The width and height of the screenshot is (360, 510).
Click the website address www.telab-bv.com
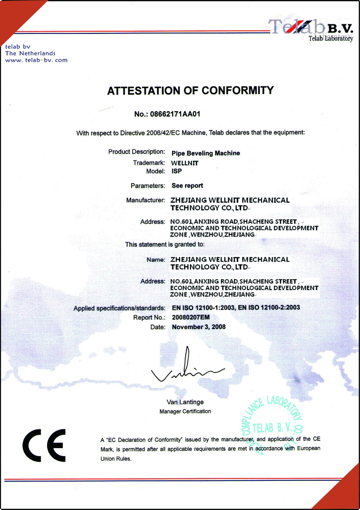click(x=36, y=60)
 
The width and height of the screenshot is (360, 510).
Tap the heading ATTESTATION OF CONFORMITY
click(x=190, y=90)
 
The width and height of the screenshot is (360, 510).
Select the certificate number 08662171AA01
click(x=175, y=114)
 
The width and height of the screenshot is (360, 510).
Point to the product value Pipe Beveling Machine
click(x=206, y=153)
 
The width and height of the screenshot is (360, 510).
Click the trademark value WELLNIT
click(x=185, y=163)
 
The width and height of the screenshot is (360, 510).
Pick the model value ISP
click(x=176, y=171)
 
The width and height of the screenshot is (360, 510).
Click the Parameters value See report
click(x=187, y=186)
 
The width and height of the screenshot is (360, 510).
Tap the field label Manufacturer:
click(x=145, y=200)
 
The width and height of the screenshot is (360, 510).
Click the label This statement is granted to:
click(x=165, y=244)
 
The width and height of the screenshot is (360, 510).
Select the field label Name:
click(x=156, y=259)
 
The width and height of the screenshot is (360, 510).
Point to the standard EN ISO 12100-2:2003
click(x=269, y=307)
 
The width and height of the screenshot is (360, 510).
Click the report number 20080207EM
click(x=190, y=317)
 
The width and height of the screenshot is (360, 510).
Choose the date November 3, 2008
click(x=199, y=327)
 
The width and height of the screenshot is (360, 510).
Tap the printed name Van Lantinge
click(x=185, y=402)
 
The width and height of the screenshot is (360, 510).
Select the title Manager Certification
click(x=185, y=411)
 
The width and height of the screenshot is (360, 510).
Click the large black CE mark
click(x=44, y=445)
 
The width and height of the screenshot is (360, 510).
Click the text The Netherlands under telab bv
click(x=30, y=53)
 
